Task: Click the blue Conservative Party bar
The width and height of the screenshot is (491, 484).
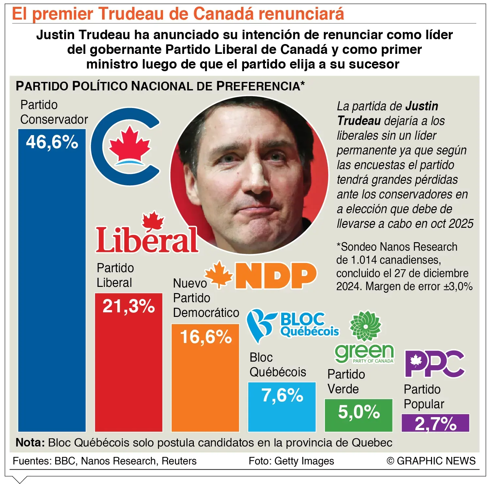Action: click(52, 280)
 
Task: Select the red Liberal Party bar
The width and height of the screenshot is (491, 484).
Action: click(129, 362)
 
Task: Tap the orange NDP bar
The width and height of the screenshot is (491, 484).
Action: click(205, 378)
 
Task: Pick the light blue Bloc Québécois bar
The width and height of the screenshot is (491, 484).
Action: click(282, 407)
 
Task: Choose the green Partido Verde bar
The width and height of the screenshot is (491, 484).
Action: click(359, 415)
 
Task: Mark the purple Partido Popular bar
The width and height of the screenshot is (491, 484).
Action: click(435, 423)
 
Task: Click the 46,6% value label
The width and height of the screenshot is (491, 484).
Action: click(52, 142)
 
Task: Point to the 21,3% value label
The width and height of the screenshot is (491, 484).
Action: click(129, 306)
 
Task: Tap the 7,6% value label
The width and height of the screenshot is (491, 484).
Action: click(282, 396)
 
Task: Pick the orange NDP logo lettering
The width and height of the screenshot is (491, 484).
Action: click(276, 276)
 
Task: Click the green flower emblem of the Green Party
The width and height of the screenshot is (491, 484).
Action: click(365, 326)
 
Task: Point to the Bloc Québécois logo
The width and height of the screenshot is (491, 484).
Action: click(292, 326)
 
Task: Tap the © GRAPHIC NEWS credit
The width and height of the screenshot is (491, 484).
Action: click(431, 461)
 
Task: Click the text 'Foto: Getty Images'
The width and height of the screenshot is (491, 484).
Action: click(291, 461)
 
